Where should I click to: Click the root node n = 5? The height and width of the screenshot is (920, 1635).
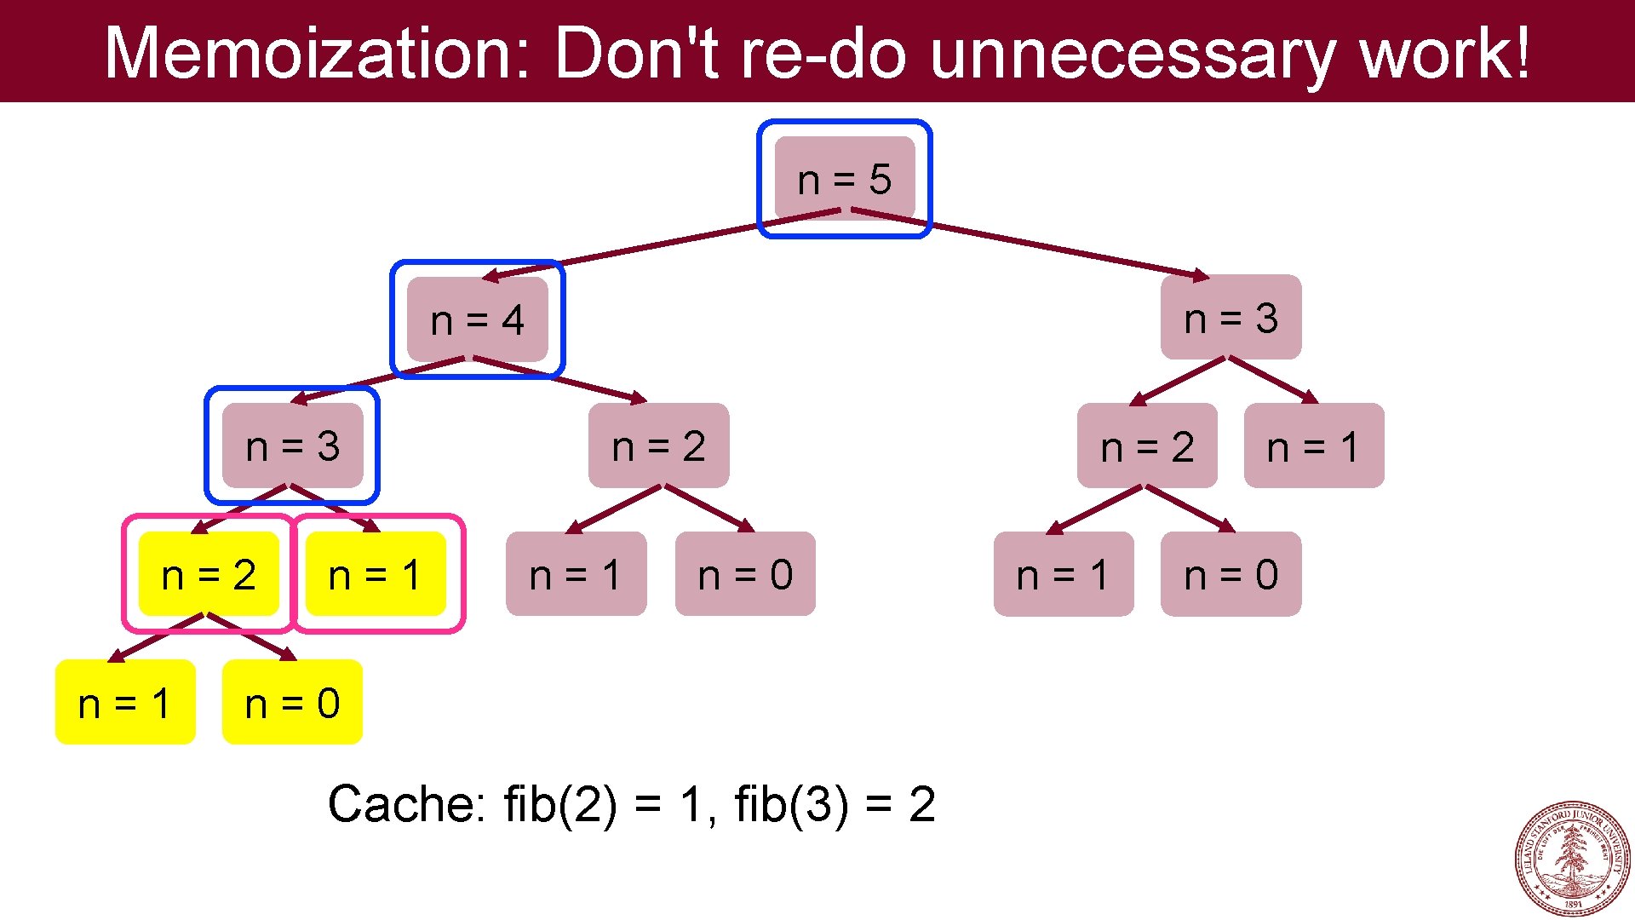tap(844, 179)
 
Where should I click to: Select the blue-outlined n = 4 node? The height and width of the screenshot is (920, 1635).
tap(477, 319)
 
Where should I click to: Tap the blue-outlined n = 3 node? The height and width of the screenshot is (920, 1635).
tap(292, 446)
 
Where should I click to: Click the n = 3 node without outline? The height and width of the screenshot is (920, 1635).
tap(1231, 318)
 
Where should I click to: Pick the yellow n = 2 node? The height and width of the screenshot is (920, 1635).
tap(209, 574)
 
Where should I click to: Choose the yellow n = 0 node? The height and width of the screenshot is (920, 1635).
tap(292, 703)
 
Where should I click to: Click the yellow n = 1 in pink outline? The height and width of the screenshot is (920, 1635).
tap(376, 574)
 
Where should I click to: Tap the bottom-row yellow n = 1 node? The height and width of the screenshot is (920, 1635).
tap(125, 703)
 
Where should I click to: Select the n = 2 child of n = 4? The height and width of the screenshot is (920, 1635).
tap(658, 446)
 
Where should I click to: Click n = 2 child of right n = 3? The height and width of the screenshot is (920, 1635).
tap(1147, 446)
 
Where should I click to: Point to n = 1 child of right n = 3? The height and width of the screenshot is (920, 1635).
tap(1313, 446)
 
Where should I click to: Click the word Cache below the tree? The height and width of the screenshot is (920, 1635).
tap(405, 803)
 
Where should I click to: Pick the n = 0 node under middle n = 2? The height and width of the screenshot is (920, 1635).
tap(745, 574)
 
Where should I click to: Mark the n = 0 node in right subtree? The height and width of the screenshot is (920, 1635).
tap(1231, 574)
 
